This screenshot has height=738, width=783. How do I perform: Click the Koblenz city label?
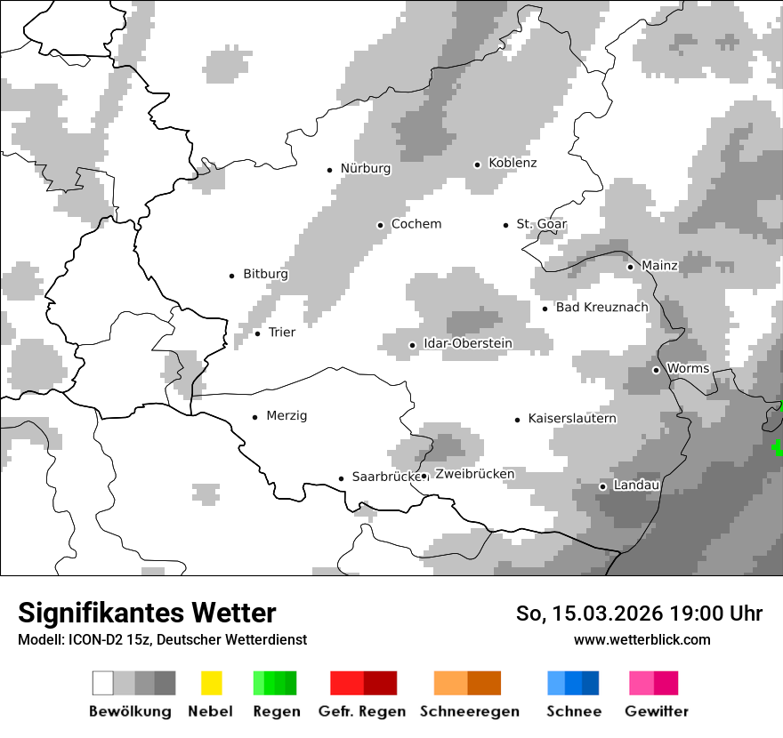513,164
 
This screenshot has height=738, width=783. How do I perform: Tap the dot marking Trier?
257,333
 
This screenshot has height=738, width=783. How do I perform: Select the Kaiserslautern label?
572,419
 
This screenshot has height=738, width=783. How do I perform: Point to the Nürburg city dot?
329,170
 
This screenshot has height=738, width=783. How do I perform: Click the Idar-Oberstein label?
468,344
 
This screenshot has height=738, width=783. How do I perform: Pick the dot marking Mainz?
630,267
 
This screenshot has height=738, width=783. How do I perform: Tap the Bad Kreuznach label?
602,308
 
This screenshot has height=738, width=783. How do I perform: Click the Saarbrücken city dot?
341,478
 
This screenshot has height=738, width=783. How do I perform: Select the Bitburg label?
265,275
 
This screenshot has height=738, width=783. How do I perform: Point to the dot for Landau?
602,486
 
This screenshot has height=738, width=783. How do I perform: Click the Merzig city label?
287,416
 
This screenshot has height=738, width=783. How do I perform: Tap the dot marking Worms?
656,370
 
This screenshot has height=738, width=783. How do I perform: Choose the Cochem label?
416,224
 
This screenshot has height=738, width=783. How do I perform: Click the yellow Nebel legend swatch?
211,683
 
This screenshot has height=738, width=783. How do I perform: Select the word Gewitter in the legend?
657,711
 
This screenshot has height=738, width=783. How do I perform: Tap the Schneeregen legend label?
468,711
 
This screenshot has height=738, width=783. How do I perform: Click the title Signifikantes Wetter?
147,613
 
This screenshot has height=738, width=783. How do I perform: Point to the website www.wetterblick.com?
642,639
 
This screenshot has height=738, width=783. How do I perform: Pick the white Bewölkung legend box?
103,683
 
